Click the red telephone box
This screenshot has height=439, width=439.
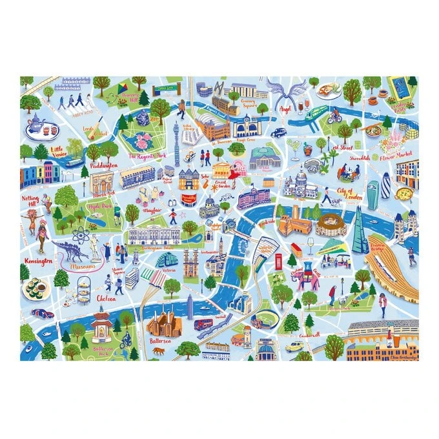[280, 260]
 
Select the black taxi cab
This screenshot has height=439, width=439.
[278, 132]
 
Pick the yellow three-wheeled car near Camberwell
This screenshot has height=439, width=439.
[296, 345]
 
